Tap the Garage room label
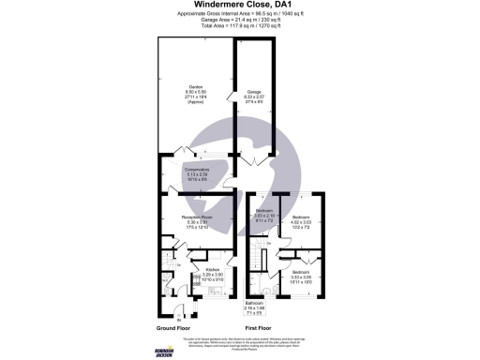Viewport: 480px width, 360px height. pyautogui.click(x=253, y=90)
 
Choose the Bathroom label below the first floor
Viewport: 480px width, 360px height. pyautogui.click(x=256, y=305)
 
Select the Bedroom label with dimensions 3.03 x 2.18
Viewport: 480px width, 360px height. pyautogui.click(x=263, y=212)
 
